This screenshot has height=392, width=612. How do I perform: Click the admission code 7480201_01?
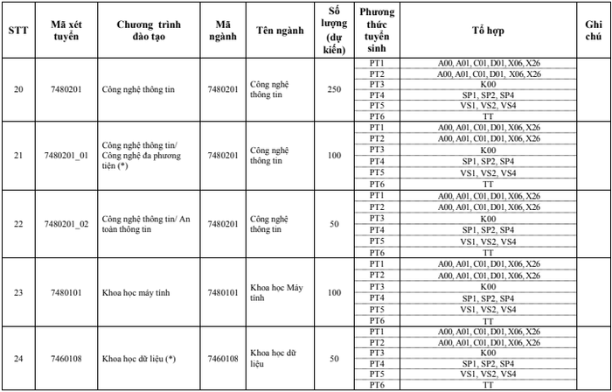pyautogui.click(x=66, y=155)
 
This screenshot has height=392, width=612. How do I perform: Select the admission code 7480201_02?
pyautogui.click(x=66, y=224)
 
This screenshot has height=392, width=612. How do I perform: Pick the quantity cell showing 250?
pyautogui.click(x=334, y=89)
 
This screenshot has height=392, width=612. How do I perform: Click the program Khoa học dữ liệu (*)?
pyautogui.click(x=139, y=359)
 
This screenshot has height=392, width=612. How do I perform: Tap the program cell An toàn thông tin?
pyautogui.click(x=144, y=224)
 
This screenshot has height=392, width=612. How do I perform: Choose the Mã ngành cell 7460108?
pyautogui.click(x=223, y=359)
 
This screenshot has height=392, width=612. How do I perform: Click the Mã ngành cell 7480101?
pyautogui.click(x=223, y=291)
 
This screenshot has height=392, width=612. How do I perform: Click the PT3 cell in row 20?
pyautogui.click(x=377, y=85)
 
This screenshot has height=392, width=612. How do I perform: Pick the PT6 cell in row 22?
pyautogui.click(x=377, y=252)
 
